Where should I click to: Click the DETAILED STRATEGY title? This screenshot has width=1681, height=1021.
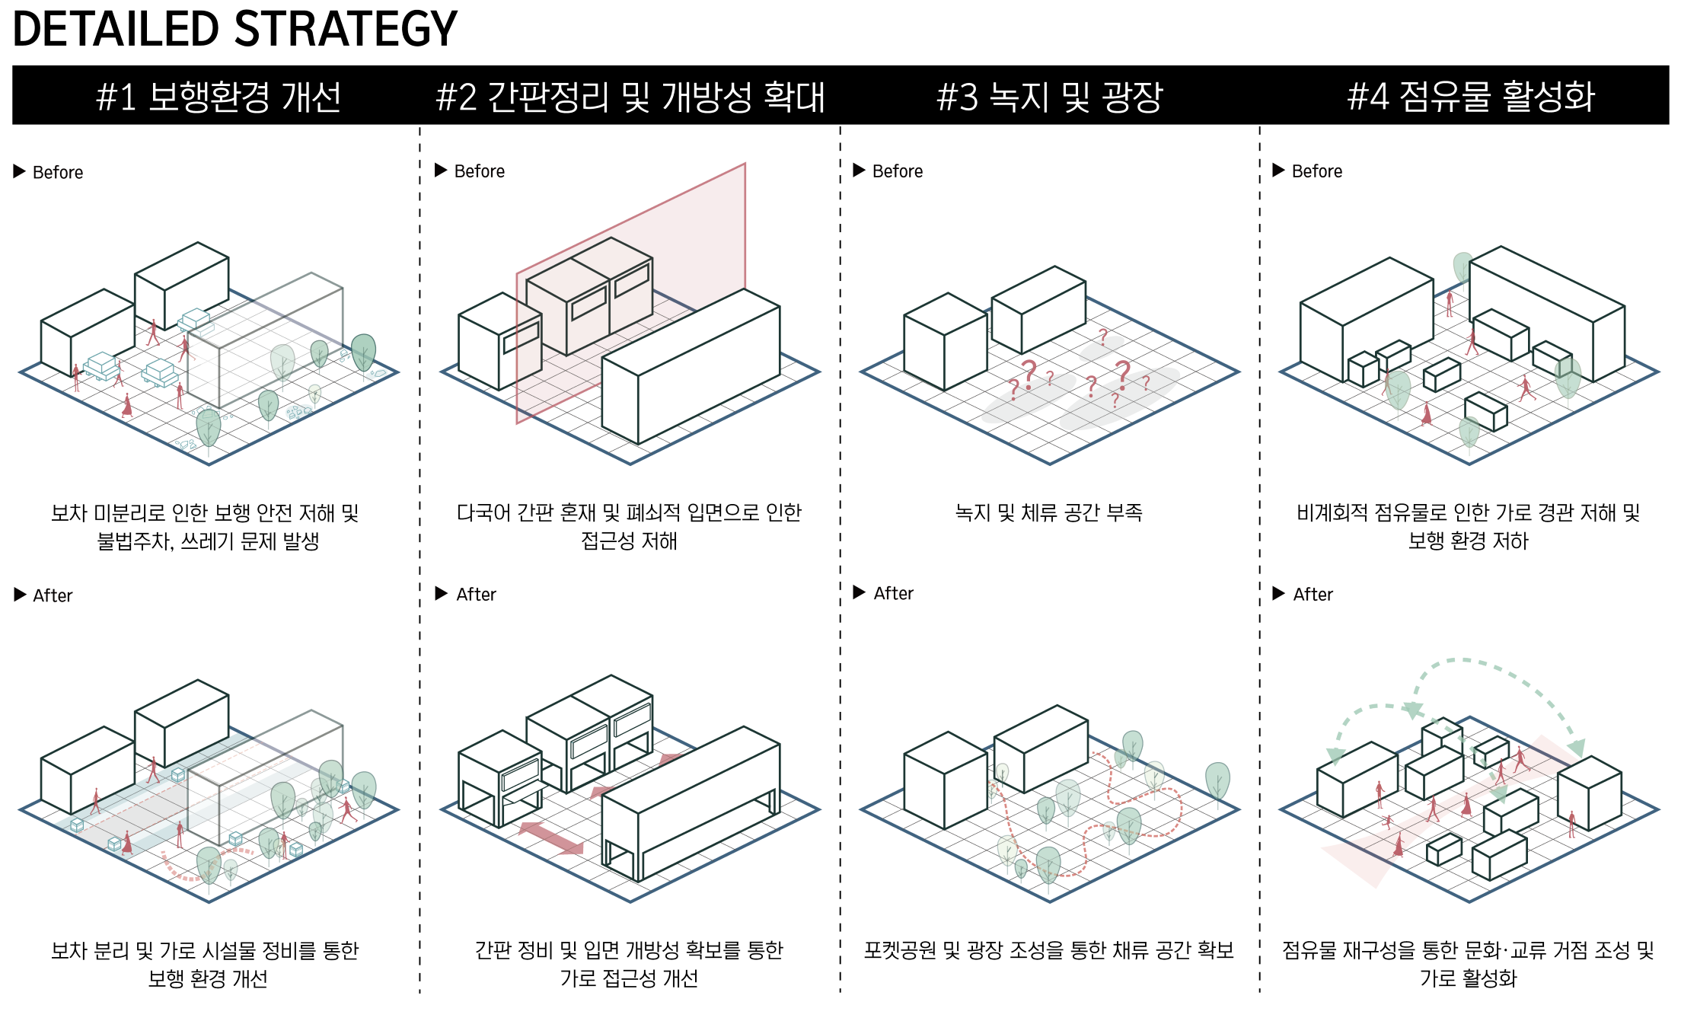[235, 29]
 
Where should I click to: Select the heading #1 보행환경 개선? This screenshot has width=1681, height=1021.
[218, 97]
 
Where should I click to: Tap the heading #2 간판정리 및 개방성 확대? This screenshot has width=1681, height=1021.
[630, 97]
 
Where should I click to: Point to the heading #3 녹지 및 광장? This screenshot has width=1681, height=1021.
[1050, 97]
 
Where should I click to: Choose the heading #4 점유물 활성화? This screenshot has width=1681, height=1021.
[1471, 97]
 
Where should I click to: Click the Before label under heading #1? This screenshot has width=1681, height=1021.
[58, 172]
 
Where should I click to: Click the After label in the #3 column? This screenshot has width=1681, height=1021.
[893, 593]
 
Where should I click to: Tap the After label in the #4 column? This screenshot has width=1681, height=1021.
[1313, 594]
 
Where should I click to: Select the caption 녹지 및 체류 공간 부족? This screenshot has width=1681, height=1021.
[1049, 512]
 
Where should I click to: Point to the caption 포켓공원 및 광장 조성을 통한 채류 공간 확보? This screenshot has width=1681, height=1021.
[1049, 950]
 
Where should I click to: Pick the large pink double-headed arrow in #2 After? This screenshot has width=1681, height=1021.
[550, 838]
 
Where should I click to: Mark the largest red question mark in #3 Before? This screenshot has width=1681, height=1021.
[1124, 375]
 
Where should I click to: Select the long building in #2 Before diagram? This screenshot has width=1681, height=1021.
[691, 367]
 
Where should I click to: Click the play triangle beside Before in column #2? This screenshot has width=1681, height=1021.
[441, 170]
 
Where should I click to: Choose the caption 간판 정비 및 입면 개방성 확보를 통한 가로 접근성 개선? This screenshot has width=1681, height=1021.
[629, 964]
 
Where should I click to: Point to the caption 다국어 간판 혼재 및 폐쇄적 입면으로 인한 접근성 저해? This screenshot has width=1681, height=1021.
[629, 526]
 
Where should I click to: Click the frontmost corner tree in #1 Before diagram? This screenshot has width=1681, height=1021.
[209, 430]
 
